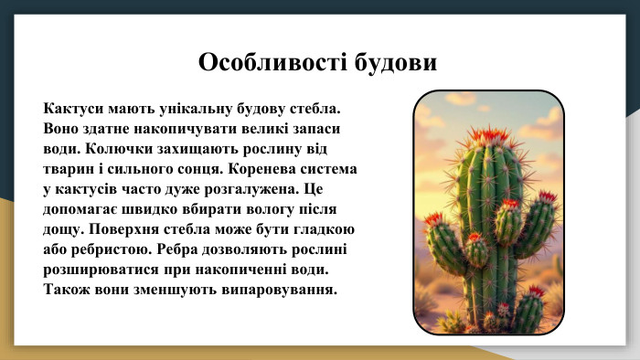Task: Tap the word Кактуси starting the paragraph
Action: click(x=75, y=109)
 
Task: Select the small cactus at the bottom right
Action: click(x=528, y=311)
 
